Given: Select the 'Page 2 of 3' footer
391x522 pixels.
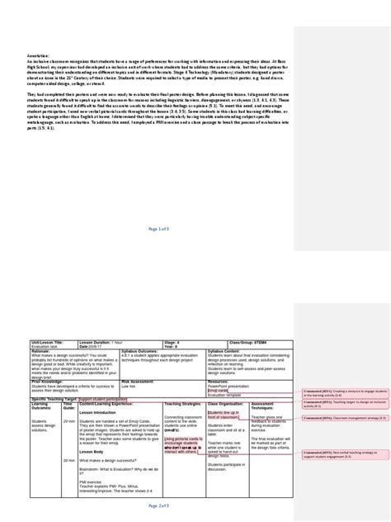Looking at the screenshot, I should click(159, 504).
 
